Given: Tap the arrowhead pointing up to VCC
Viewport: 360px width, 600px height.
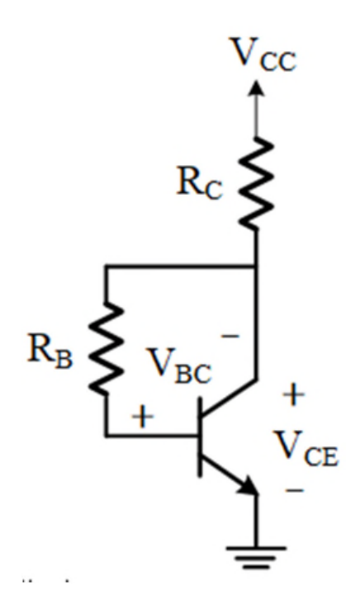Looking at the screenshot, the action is tap(257, 88).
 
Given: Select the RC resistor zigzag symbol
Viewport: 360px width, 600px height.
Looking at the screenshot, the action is tap(256, 184).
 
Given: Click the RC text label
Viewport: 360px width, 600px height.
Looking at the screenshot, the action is tap(199, 182).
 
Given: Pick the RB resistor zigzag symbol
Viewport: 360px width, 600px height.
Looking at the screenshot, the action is tap(106, 349).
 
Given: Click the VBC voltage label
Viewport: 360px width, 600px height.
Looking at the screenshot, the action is tap(179, 366).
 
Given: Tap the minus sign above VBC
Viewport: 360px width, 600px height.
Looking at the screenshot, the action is tap(230, 336).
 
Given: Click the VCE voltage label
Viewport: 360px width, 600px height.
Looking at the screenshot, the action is tap(306, 448).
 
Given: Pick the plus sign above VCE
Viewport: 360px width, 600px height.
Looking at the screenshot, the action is tap(293, 394).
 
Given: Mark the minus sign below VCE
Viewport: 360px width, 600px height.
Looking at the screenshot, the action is tap(295, 489).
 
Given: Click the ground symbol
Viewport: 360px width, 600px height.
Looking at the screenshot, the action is tap(256, 558).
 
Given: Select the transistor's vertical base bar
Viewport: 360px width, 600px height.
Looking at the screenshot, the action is tap(200, 437).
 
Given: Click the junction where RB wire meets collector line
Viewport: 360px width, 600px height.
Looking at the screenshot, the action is tap(256, 266).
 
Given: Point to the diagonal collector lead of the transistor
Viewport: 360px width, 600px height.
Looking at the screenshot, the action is tap(229, 397).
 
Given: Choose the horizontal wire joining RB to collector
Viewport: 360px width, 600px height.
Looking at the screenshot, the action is tap(181, 266).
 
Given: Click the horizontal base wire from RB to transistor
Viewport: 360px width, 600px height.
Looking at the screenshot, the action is tap(153, 436).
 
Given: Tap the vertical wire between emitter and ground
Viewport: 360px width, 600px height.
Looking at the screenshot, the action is tap(256, 521).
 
